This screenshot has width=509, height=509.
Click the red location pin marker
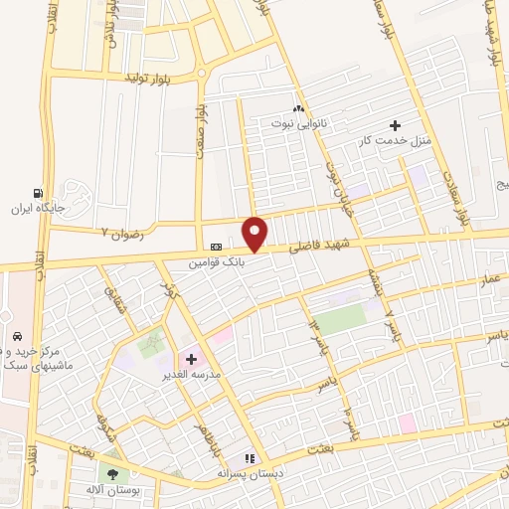coord(255,234)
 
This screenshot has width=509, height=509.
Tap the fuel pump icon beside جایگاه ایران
coord(38,193)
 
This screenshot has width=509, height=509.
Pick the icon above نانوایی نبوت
coord(297,108)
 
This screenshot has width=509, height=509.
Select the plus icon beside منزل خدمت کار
coord(396,125)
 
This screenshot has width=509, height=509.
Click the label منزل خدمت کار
coord(395,141)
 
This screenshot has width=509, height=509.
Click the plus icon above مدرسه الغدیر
coord(191,358)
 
